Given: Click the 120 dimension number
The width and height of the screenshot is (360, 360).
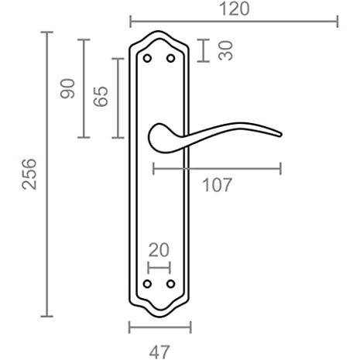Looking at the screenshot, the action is (x=234, y=9).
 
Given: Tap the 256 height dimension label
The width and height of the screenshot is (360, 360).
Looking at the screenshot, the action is (x=29, y=174).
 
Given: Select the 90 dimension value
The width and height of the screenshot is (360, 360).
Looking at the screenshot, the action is (x=67, y=88).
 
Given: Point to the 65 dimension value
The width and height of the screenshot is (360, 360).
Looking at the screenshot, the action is (x=101, y=96).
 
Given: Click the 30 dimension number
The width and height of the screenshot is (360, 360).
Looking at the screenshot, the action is (x=225, y=50).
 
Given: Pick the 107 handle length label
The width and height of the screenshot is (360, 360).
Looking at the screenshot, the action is (x=217, y=185).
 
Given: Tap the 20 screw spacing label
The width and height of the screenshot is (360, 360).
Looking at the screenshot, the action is (x=159, y=250).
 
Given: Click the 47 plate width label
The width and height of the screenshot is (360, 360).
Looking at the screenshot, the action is (x=159, y=351).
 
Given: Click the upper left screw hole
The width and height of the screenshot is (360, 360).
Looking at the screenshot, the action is (x=147, y=58).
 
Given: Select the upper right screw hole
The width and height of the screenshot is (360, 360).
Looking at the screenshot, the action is (x=170, y=58).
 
